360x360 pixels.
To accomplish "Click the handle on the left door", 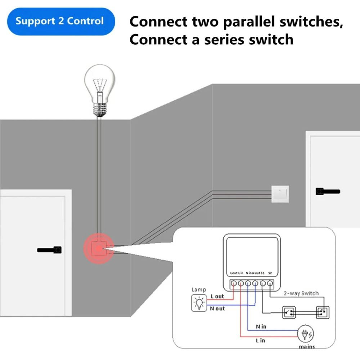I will [50, 249].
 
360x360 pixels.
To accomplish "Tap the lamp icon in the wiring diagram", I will [198, 302].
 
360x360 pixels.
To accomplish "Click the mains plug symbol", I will [305, 335].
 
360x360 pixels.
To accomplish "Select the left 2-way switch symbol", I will [289, 312].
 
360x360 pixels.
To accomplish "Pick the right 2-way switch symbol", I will [323, 312].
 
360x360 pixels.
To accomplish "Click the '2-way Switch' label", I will [301, 293].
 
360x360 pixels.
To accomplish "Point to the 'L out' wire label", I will [217, 296].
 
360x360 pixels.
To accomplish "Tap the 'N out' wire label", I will [217, 309].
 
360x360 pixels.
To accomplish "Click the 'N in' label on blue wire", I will [261, 326].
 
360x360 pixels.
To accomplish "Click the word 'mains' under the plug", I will [307, 347].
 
